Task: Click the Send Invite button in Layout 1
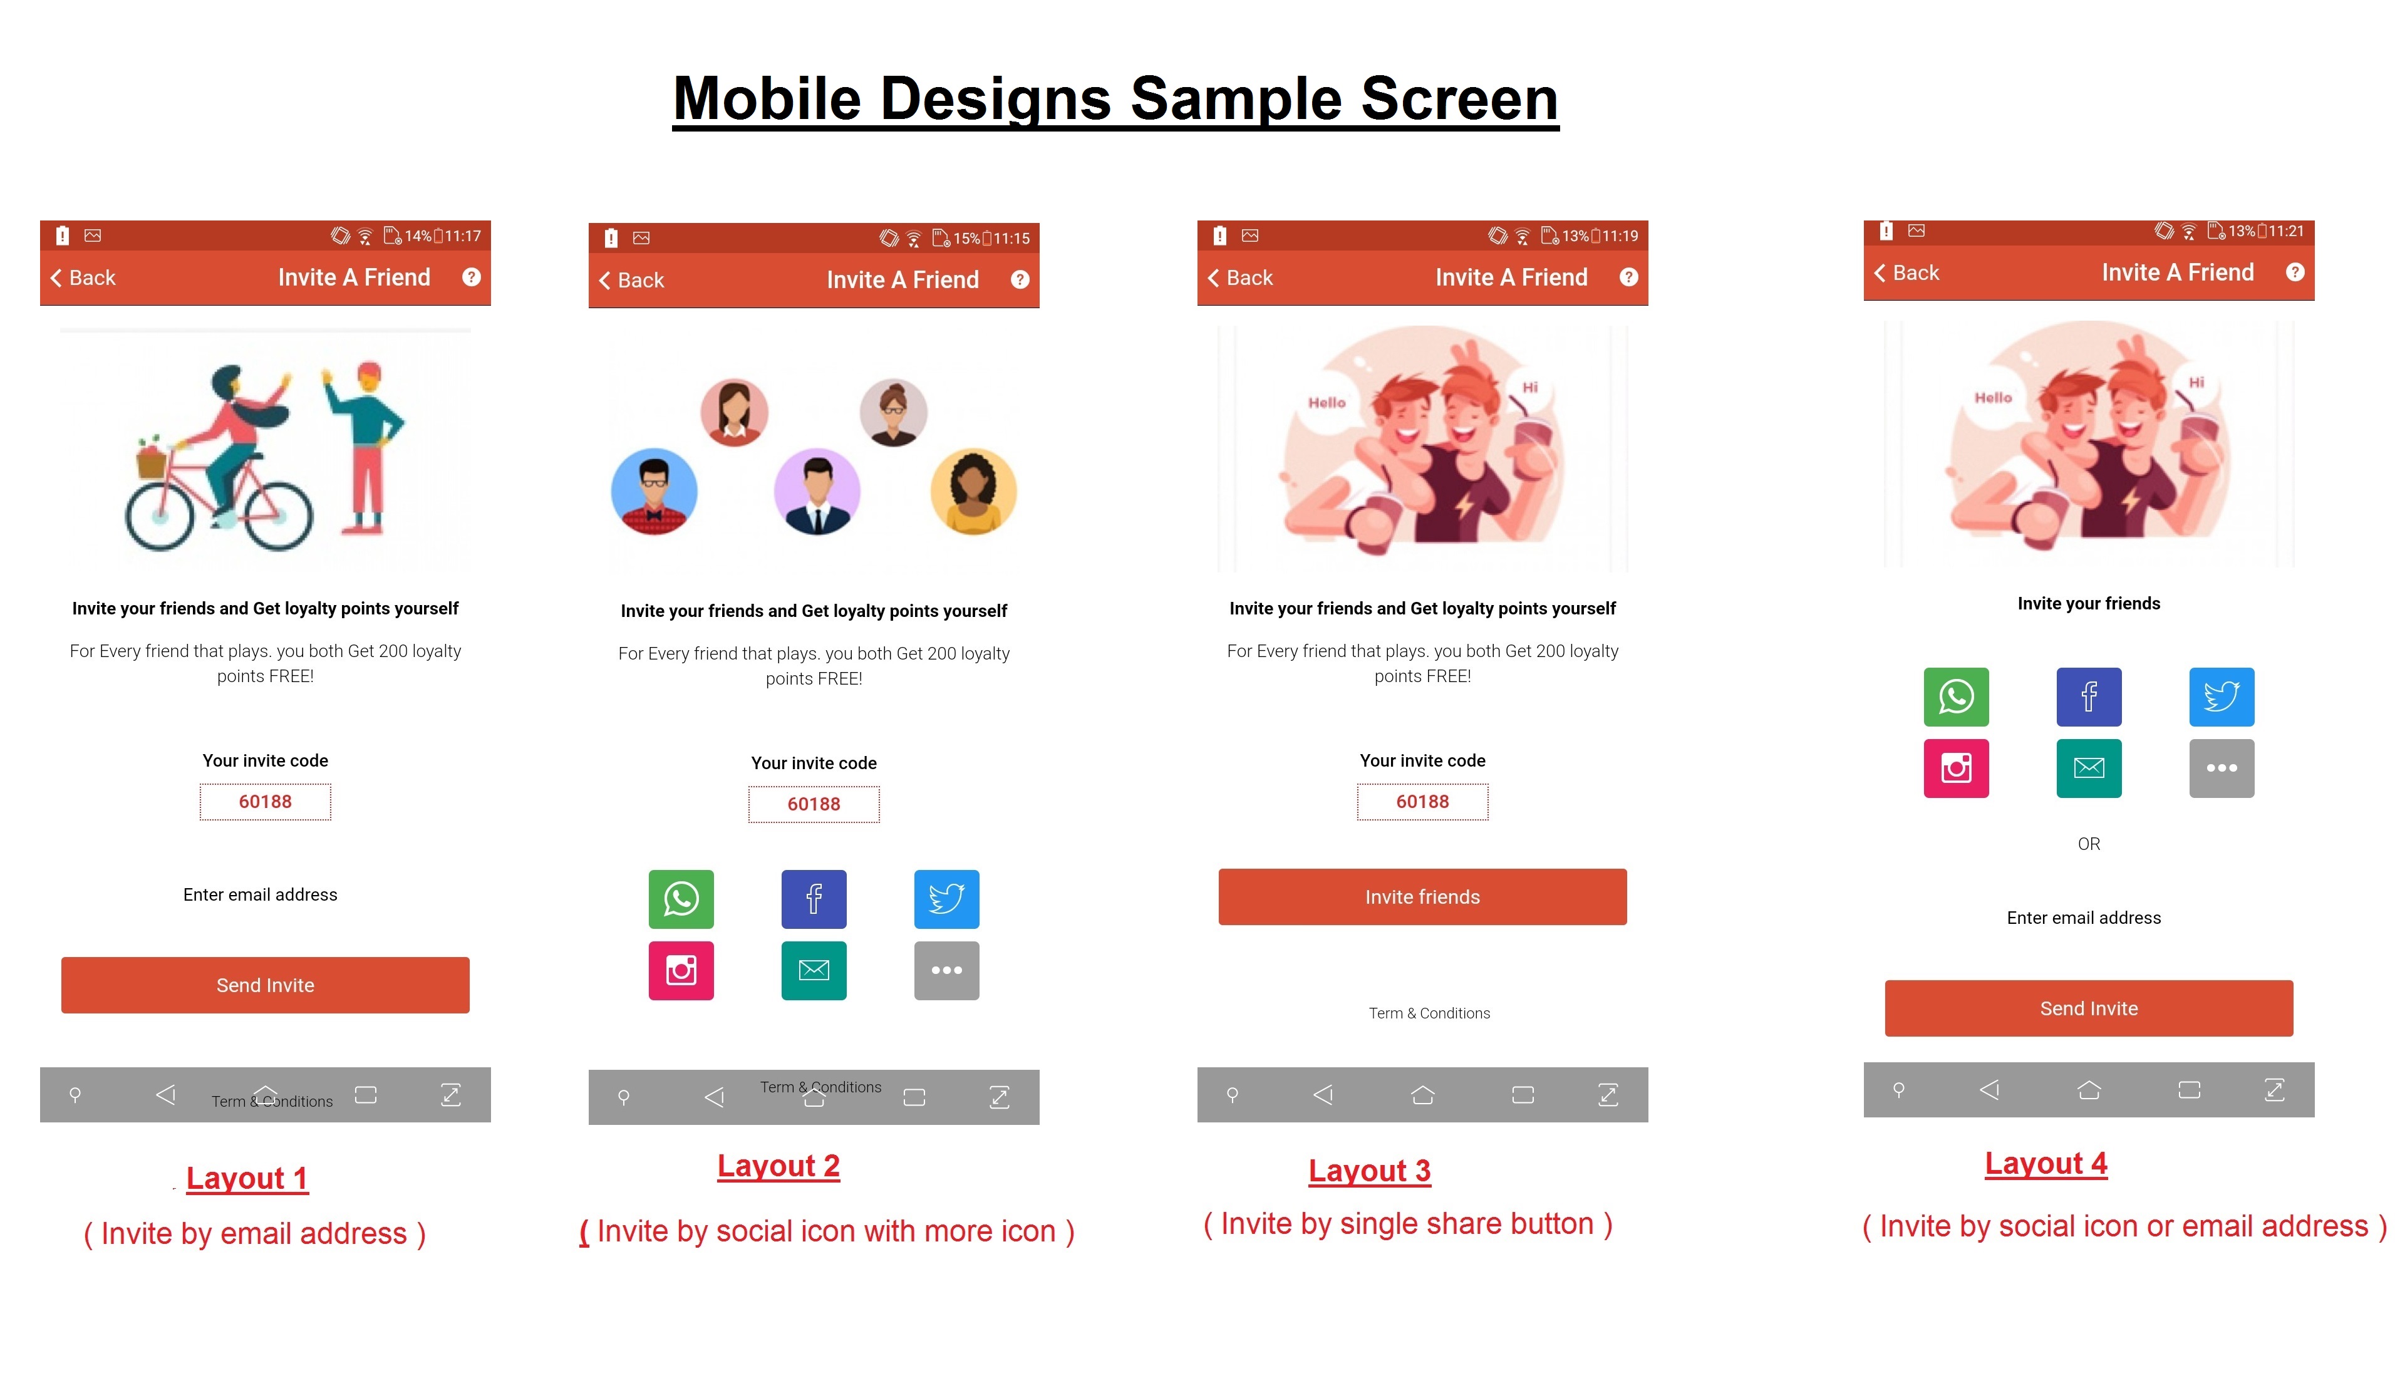point(265,985)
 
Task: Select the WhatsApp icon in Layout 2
point(681,899)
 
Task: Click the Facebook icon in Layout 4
point(2088,696)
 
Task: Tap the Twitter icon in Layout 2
point(946,899)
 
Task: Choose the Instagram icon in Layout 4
point(1956,768)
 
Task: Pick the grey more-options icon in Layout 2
point(946,970)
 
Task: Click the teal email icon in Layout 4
point(2088,768)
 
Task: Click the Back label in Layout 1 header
point(91,277)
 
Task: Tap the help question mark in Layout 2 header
point(1020,279)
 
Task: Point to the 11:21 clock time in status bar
point(2285,231)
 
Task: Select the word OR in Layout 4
point(2088,844)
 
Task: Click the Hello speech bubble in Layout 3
point(1327,403)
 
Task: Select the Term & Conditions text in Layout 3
point(1429,1013)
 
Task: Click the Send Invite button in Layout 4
point(2088,1008)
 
